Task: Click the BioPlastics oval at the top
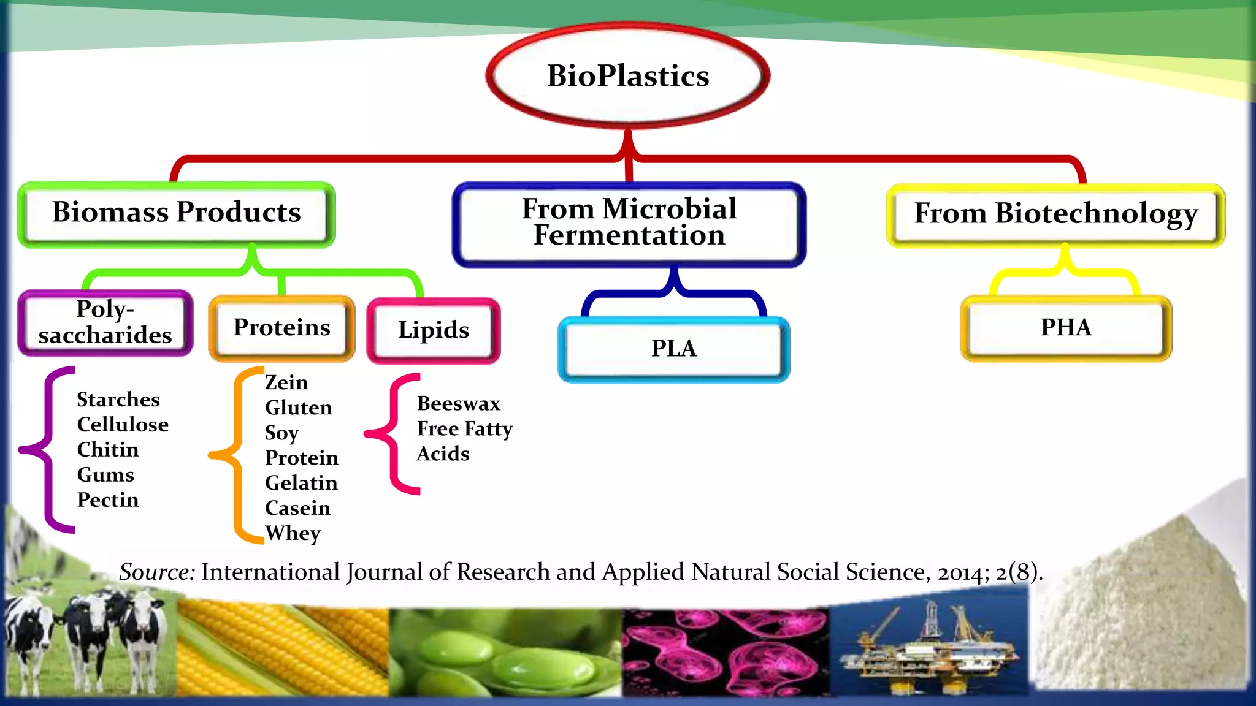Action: (627, 76)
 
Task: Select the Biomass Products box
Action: (177, 214)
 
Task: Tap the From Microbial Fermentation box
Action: (629, 224)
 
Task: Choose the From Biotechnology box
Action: (1055, 214)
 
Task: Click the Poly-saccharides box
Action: (105, 323)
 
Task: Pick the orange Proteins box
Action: (281, 328)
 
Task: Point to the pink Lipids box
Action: (434, 330)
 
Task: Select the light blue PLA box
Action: (673, 349)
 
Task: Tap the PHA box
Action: (1066, 328)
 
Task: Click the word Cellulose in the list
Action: (123, 425)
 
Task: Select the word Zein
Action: (286, 382)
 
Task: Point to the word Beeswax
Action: (459, 404)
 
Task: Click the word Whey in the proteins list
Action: (293, 533)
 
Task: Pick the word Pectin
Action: (108, 500)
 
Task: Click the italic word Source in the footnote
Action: (157, 572)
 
